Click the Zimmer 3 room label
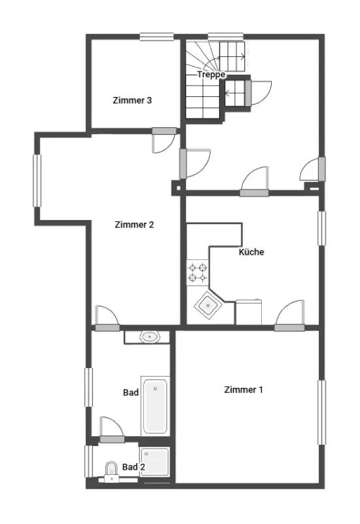tap(132, 100)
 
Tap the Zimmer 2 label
tap(134, 225)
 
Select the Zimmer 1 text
tap(243, 390)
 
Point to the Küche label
tap(251, 252)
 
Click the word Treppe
tap(211, 75)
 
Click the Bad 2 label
tap(134, 467)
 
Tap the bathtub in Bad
tap(155, 406)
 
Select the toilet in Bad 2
tap(111, 472)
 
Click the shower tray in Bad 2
tap(155, 462)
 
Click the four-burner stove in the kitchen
tap(198, 272)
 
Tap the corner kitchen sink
tap(208, 305)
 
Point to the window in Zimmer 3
tap(156, 37)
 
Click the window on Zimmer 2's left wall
tap(37, 181)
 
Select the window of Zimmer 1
tap(321, 413)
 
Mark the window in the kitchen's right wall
tap(321, 228)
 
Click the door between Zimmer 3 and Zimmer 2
tap(164, 140)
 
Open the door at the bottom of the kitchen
tap(289, 316)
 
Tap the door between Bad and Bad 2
tap(112, 430)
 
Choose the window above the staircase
tap(225, 37)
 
